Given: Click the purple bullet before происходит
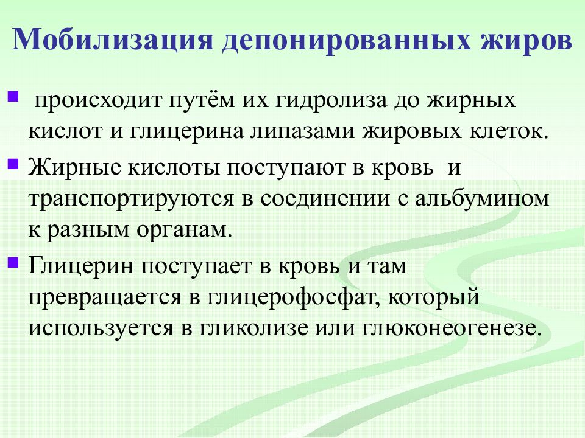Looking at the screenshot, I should (x=14, y=96).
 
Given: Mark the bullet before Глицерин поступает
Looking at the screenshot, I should (x=14, y=263).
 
